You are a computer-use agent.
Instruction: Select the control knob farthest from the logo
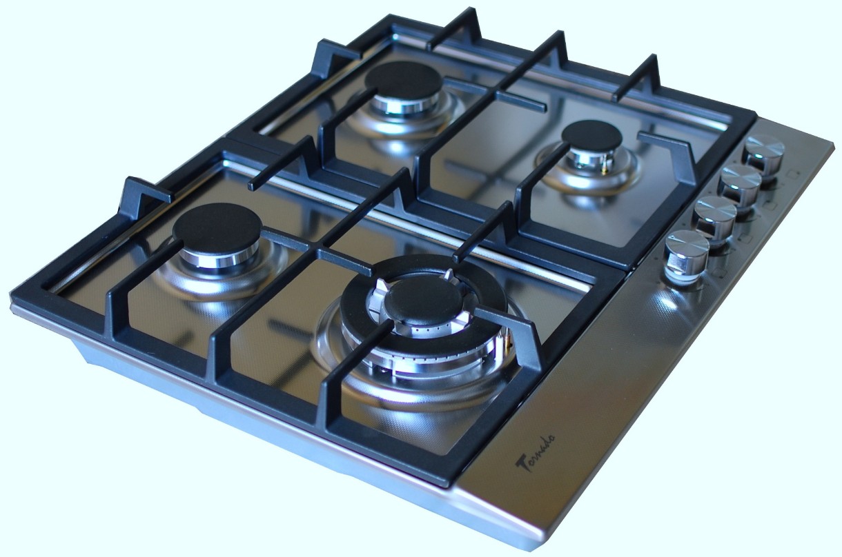pos(765,152)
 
